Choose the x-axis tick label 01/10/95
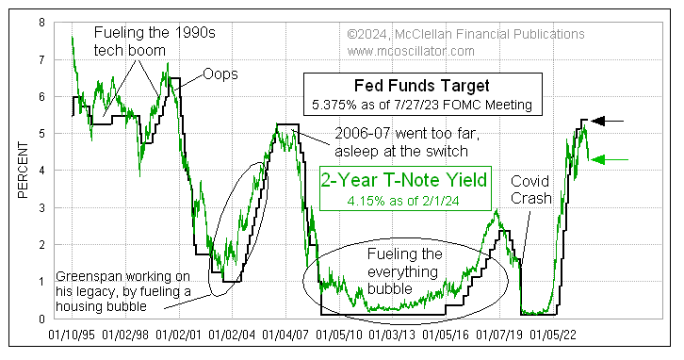pyautogui.click(x=71, y=335)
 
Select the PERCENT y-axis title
pyautogui.click(x=22, y=170)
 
